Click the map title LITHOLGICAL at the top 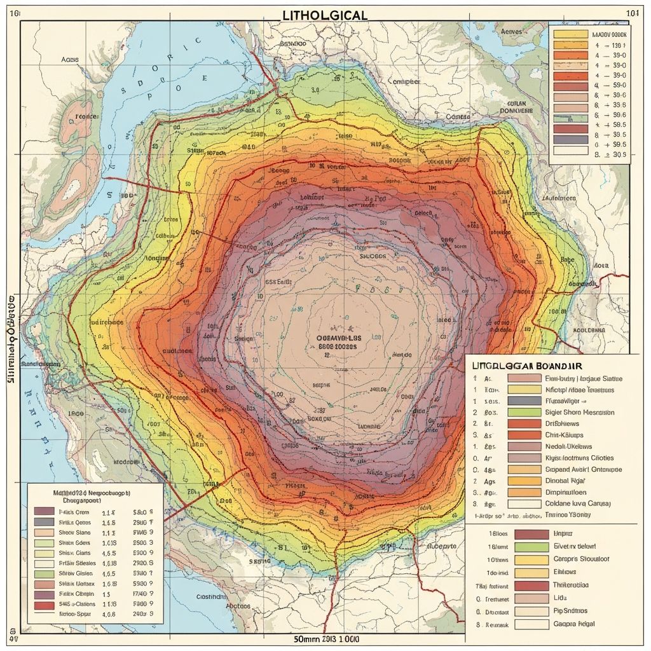(x=325, y=15)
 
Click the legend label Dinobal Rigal (x=566, y=481)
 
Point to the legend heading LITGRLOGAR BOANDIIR (x=528, y=366)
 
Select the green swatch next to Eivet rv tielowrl (x=530, y=547)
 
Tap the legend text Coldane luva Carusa (x=578, y=504)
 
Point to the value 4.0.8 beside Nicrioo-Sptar (x=109, y=615)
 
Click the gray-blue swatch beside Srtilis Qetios (x=44, y=522)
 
